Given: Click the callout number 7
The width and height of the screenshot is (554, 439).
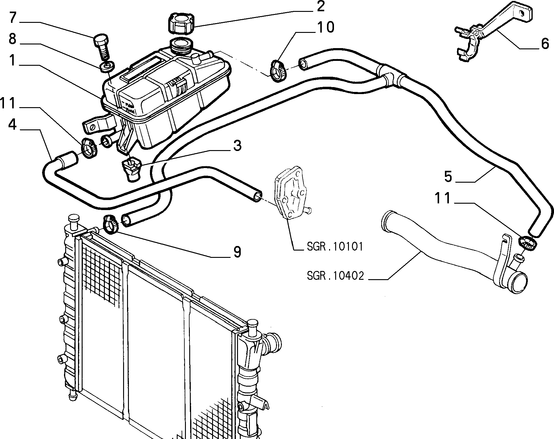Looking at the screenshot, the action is click(x=12, y=18).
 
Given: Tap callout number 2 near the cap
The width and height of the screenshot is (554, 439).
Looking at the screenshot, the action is click(x=320, y=6).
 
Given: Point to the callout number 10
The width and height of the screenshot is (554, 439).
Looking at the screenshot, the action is click(x=326, y=27).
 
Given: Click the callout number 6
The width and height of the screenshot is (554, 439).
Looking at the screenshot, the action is click(x=545, y=44).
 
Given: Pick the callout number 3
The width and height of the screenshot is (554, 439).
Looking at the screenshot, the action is click(x=237, y=146).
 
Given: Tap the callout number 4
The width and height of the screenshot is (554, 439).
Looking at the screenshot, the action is click(x=12, y=125).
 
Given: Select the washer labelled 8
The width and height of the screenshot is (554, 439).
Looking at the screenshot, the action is click(x=107, y=67).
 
